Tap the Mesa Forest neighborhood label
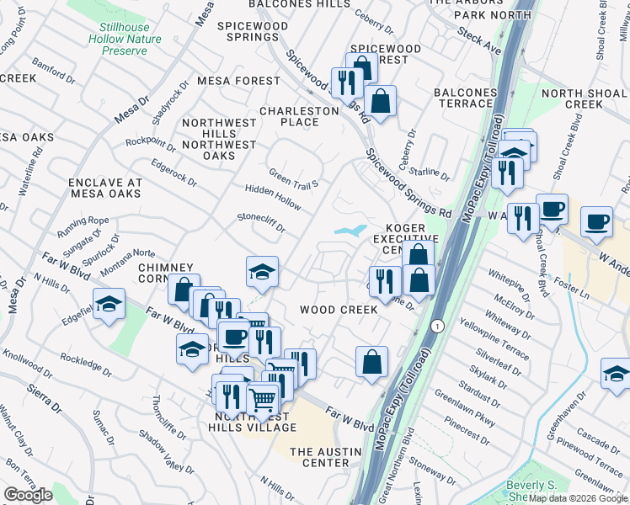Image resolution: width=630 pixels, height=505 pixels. click(238, 81)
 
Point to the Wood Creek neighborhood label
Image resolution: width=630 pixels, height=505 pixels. click(339, 310)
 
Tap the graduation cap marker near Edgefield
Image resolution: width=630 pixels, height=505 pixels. click(109, 305)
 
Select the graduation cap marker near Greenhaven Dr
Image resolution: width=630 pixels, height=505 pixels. click(616, 374)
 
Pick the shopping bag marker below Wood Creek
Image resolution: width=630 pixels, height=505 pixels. click(371, 363)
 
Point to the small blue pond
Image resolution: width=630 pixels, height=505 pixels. click(350, 230)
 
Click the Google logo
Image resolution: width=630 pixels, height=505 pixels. click(29, 495)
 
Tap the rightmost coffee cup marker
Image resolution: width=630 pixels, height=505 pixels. click(596, 221)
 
